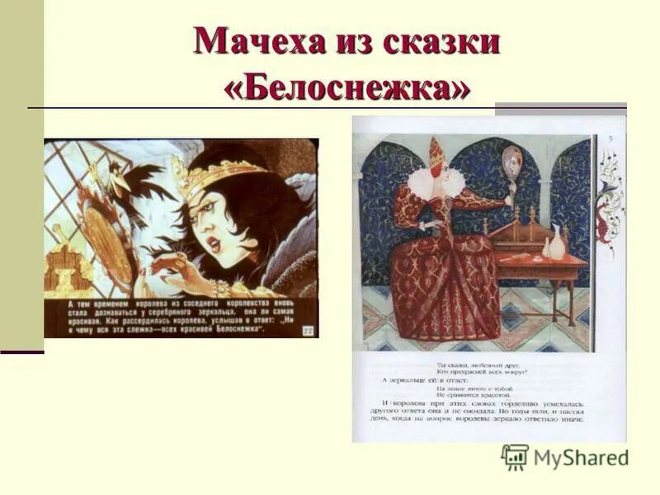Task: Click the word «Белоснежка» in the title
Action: click(347, 85)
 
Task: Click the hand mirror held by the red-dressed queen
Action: click(511, 162)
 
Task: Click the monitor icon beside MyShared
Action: click(515, 457)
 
